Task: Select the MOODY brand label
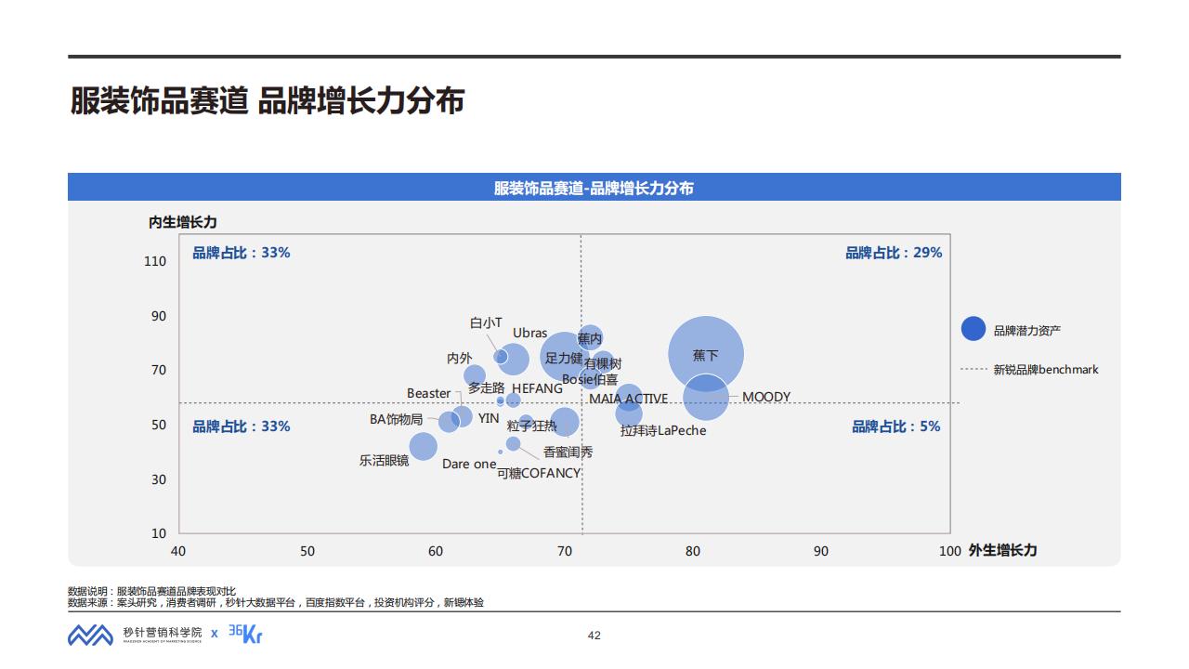click(x=766, y=397)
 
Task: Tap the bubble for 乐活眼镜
click(x=423, y=446)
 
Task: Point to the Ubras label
click(x=529, y=333)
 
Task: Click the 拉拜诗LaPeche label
click(x=663, y=430)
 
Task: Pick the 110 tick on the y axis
click(x=155, y=261)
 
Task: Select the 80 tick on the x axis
click(x=693, y=551)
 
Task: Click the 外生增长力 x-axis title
click(x=1002, y=550)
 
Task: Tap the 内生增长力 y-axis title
click(x=183, y=222)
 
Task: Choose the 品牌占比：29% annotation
click(x=894, y=253)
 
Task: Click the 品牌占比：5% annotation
click(x=896, y=426)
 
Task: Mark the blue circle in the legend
click(x=973, y=329)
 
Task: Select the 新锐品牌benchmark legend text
click(x=1046, y=370)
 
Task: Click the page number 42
click(x=594, y=636)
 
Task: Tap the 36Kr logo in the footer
click(x=246, y=634)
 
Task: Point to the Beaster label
click(x=428, y=393)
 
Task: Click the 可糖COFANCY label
click(x=539, y=473)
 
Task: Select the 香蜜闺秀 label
click(x=568, y=453)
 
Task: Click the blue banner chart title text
click(x=594, y=188)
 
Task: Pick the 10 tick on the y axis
click(x=159, y=533)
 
